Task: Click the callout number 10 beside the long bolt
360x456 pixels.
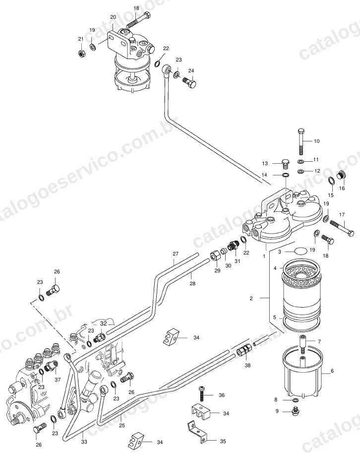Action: click(x=316, y=141)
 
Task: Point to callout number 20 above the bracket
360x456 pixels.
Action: click(x=113, y=17)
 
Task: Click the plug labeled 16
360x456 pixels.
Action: click(x=340, y=176)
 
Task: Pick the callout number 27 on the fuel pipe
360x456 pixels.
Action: click(x=176, y=254)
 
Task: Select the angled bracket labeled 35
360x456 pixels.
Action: click(x=197, y=433)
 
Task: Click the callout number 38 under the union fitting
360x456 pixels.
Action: click(x=247, y=365)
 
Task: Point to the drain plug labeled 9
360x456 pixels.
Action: click(x=295, y=411)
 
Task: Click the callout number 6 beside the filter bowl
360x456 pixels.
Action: click(x=332, y=371)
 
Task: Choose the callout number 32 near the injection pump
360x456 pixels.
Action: click(x=104, y=323)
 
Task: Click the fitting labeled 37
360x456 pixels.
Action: click(x=51, y=366)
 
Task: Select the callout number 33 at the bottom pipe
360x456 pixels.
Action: click(x=84, y=442)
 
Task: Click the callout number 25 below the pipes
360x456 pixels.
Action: click(x=122, y=425)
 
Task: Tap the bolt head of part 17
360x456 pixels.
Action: click(x=351, y=233)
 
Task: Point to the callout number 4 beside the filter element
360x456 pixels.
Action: click(x=275, y=268)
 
